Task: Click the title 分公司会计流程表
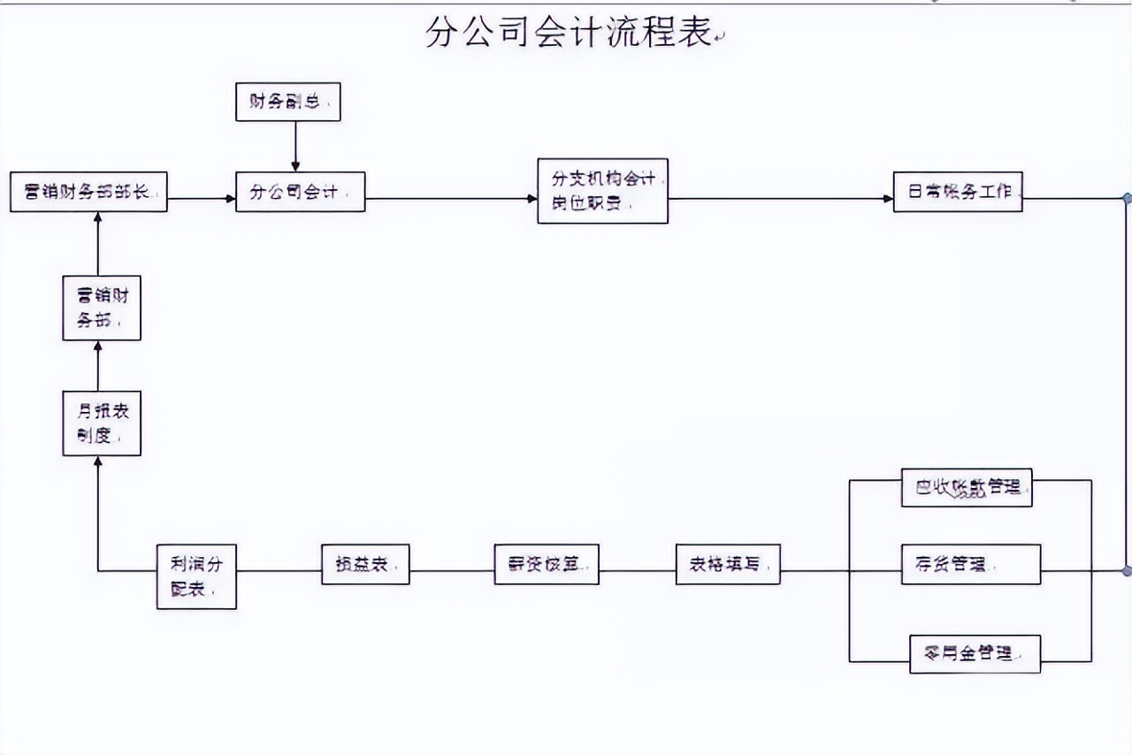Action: [568, 34]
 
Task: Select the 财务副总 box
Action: [287, 102]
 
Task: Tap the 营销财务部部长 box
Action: [88, 192]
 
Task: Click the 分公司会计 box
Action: [300, 192]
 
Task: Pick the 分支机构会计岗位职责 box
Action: [602, 191]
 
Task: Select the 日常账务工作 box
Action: [958, 192]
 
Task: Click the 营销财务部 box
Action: [102, 308]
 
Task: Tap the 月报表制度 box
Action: [102, 423]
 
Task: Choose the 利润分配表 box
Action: [196, 576]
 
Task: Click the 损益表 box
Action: [365, 564]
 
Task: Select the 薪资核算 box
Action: [547, 564]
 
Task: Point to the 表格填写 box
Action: [728, 564]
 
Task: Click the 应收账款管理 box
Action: [967, 487]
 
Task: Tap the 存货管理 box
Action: [970, 564]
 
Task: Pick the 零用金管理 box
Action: [975, 653]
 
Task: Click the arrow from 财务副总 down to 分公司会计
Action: [295, 146]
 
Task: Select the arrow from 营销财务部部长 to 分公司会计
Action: [202, 199]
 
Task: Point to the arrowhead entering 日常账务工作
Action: [888, 199]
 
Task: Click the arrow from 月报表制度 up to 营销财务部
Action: [98, 365]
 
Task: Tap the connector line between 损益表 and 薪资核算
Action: [452, 571]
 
